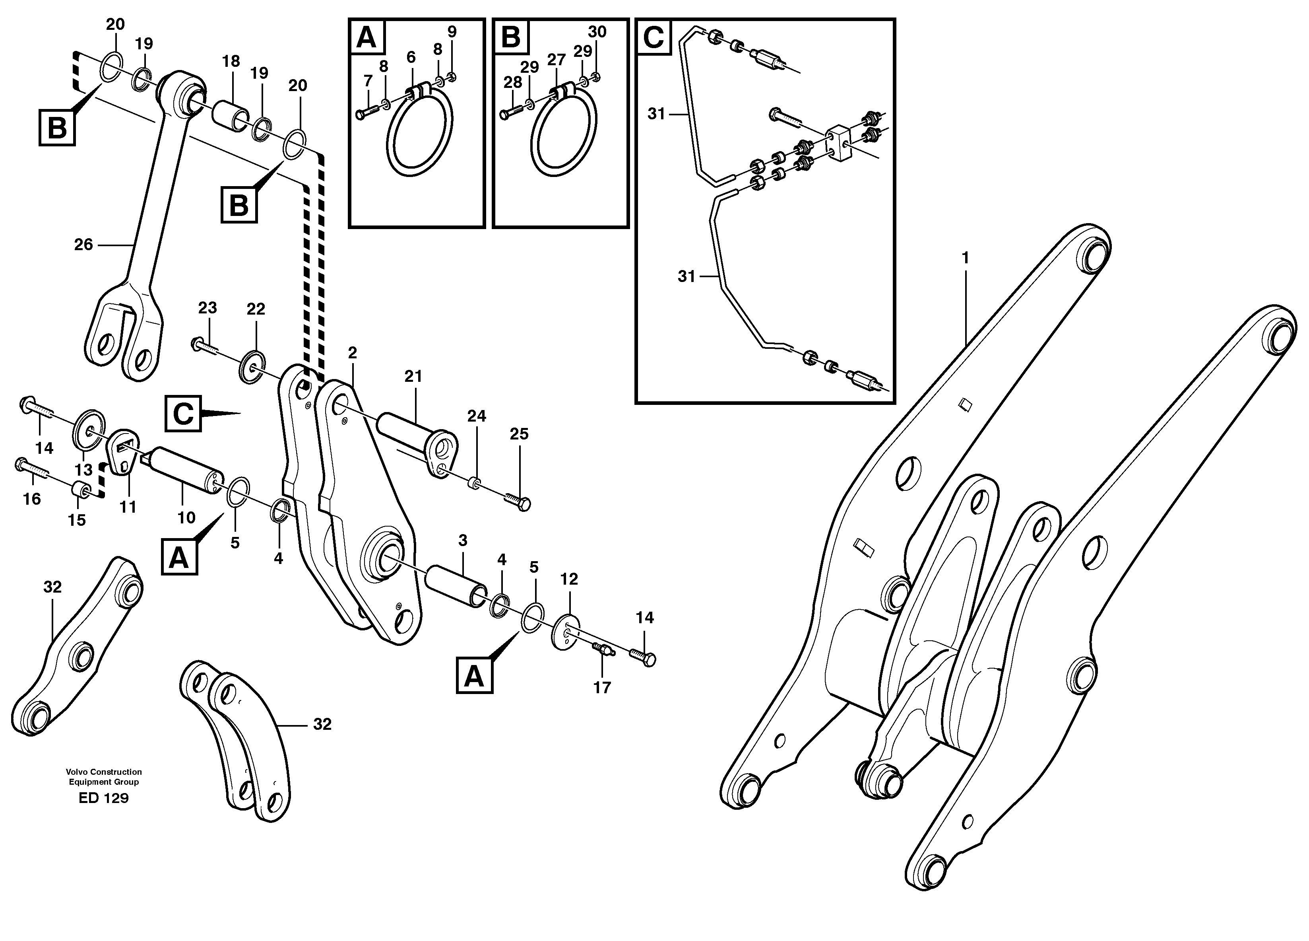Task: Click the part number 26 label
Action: [83, 245]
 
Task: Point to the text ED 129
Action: [103, 798]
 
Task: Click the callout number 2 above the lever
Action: [353, 353]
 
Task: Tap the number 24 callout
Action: [476, 416]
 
